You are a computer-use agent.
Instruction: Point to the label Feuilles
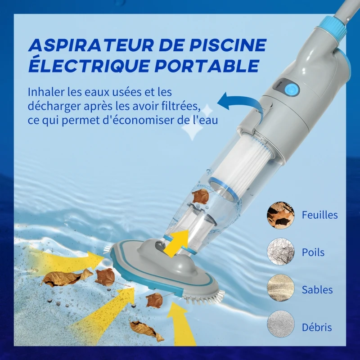pos(320,215)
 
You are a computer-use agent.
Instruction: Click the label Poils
pos(313,252)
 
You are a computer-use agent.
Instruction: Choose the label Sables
pos(317,290)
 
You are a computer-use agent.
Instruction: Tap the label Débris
pos(316,327)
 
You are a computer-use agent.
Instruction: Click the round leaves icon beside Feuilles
pos(280,215)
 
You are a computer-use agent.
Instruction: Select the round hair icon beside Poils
pos(280,252)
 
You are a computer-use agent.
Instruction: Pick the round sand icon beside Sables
pos(280,289)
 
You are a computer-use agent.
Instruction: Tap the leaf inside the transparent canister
pos(201,196)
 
